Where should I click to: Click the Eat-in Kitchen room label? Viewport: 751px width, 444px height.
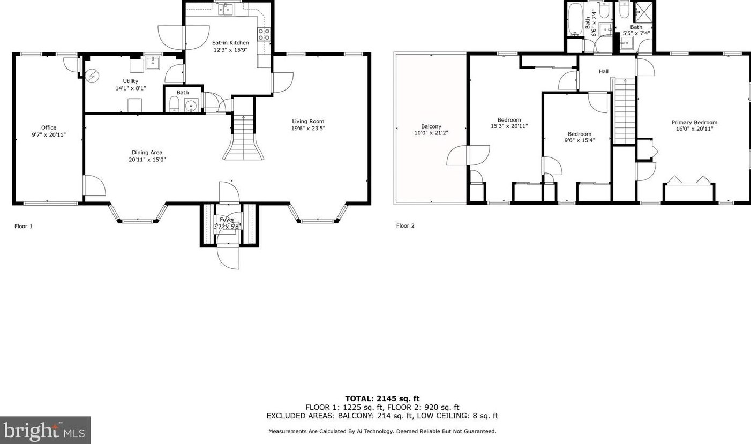point(230,43)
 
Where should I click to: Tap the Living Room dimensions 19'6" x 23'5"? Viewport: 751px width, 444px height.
point(308,128)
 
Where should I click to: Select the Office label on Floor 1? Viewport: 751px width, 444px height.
point(49,127)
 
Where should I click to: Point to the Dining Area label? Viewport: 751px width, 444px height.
point(147,153)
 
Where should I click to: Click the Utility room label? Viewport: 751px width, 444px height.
point(130,81)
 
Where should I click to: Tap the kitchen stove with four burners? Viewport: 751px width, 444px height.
point(264,34)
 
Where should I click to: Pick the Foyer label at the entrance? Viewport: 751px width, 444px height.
point(227,220)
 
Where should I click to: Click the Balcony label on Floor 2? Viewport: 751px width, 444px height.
point(431,126)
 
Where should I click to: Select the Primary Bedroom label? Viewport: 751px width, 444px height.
point(694,122)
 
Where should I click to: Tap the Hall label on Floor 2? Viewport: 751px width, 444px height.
point(604,71)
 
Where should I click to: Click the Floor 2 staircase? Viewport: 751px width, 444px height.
point(625,111)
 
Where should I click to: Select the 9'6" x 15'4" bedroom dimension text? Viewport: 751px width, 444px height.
point(580,140)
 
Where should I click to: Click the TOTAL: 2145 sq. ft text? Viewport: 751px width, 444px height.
point(382,398)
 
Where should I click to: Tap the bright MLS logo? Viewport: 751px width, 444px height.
point(45,430)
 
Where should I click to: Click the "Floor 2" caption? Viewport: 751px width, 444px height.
point(405,226)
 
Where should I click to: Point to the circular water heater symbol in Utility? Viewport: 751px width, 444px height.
point(91,76)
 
